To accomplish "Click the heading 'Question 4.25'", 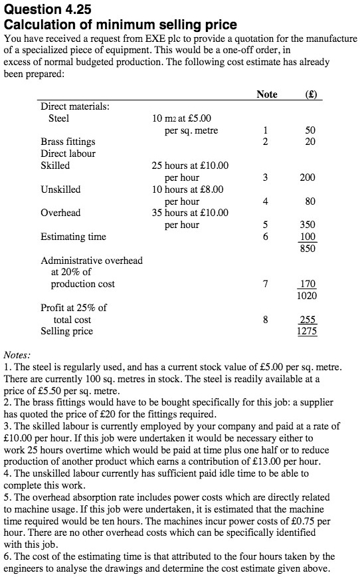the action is pyautogui.click(x=47, y=9).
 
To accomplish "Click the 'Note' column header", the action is pyautogui.click(x=266, y=94).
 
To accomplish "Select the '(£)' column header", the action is pyautogui.click(x=310, y=94).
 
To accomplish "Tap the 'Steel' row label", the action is pyautogui.click(x=59, y=118).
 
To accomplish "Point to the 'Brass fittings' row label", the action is pyautogui.click(x=68, y=142).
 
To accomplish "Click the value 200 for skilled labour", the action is pyautogui.click(x=308, y=177).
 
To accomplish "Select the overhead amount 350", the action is pyautogui.click(x=308, y=225).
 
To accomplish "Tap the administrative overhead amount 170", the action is pyautogui.click(x=308, y=284).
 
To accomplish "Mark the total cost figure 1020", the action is pyautogui.click(x=306, y=295).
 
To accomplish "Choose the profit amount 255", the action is pyautogui.click(x=308, y=320).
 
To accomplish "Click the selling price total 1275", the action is pyautogui.click(x=306, y=331).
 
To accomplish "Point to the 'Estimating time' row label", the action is pyautogui.click(x=73, y=236).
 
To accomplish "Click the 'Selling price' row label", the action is pyautogui.click(x=67, y=331).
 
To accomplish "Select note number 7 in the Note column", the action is pyautogui.click(x=266, y=284).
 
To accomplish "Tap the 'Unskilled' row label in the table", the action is pyautogui.click(x=60, y=189).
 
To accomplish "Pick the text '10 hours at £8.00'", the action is pyautogui.click(x=188, y=189).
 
